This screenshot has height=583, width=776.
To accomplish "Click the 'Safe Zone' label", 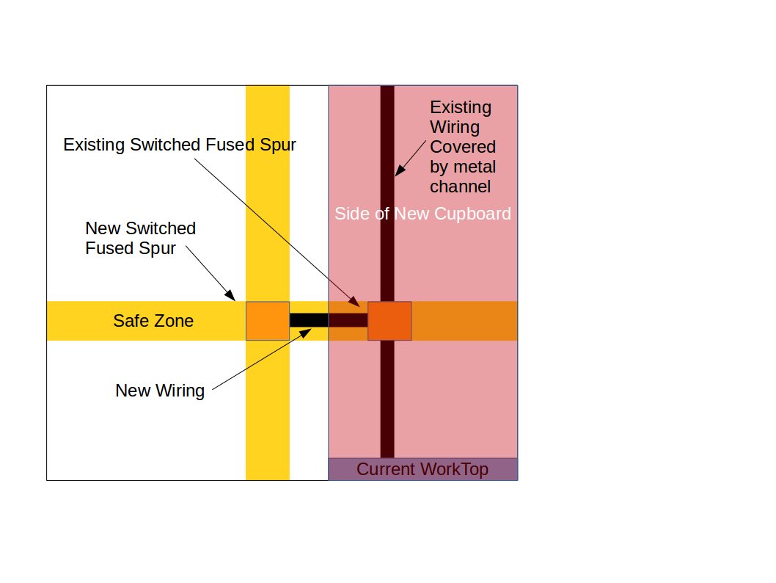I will click(x=153, y=321).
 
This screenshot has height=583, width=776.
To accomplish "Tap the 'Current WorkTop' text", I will click(x=422, y=469).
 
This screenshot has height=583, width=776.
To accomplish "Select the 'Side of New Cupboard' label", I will click(x=422, y=214).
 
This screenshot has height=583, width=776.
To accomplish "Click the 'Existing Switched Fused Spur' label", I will click(x=180, y=145).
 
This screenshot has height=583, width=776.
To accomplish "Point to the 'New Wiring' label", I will click(x=160, y=390).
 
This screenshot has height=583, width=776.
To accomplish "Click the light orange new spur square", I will click(x=268, y=321).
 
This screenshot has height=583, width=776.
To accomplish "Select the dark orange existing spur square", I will click(x=389, y=321).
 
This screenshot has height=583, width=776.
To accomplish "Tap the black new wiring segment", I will click(x=308, y=320).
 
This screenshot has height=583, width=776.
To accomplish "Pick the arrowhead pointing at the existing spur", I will click(x=355, y=302).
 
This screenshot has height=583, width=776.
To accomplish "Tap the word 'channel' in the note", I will click(x=460, y=187).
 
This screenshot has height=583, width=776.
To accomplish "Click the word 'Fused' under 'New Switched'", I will click(x=109, y=248).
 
